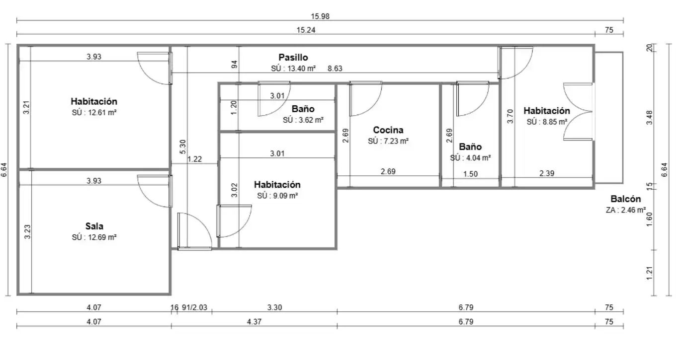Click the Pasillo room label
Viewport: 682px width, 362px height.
pos(293,57)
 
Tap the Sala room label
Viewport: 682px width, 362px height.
pos(94,226)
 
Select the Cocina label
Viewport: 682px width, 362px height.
pos(388,130)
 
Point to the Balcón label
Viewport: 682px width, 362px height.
pos(626,199)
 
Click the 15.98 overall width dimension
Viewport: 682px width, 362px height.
pos(320,16)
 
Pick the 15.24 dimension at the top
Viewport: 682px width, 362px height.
pos(306,30)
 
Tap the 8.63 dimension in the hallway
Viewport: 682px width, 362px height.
pos(335,69)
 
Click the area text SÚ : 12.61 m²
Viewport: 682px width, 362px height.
pos(94,113)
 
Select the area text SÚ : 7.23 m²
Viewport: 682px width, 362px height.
pos(388,141)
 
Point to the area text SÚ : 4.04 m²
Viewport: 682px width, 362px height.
pos(470,158)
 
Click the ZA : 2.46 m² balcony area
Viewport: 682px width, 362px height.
pos(626,210)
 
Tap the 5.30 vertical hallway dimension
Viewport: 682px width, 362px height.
pos(183,146)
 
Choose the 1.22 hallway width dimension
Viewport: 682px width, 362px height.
pos(194,159)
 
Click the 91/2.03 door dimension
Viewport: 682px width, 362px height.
pos(194,307)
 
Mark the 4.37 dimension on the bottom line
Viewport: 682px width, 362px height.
pos(254,322)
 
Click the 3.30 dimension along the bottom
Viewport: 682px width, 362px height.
pos(274,307)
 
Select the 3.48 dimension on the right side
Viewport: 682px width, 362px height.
pos(649,117)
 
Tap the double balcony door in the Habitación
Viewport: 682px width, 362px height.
pos(578,112)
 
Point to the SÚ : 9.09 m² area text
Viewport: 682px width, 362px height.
pos(277,196)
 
